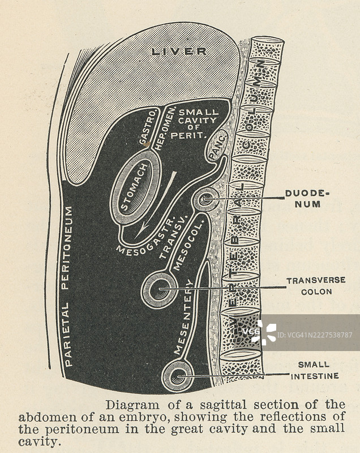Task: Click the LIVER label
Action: pyautogui.click(x=178, y=52)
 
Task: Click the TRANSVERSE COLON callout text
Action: pyautogui.click(x=308, y=286)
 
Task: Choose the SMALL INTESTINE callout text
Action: pyautogui.click(x=315, y=370)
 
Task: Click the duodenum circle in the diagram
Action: pyautogui.click(x=206, y=200)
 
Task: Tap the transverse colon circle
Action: pyautogui.click(x=160, y=290)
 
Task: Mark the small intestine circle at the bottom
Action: pyautogui.click(x=178, y=376)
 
